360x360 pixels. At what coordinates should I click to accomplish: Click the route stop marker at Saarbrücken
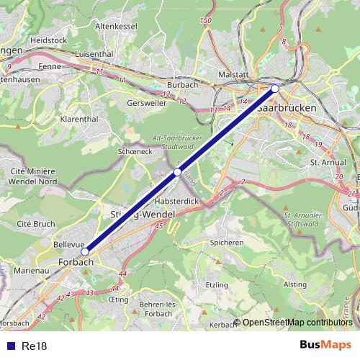274,89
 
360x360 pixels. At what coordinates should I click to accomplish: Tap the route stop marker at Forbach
85,251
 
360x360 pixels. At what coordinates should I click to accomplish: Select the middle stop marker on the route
177,172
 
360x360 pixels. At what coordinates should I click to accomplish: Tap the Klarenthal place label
78,117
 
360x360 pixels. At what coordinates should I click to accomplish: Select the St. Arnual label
328,163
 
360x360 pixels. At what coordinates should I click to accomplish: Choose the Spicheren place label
226,243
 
